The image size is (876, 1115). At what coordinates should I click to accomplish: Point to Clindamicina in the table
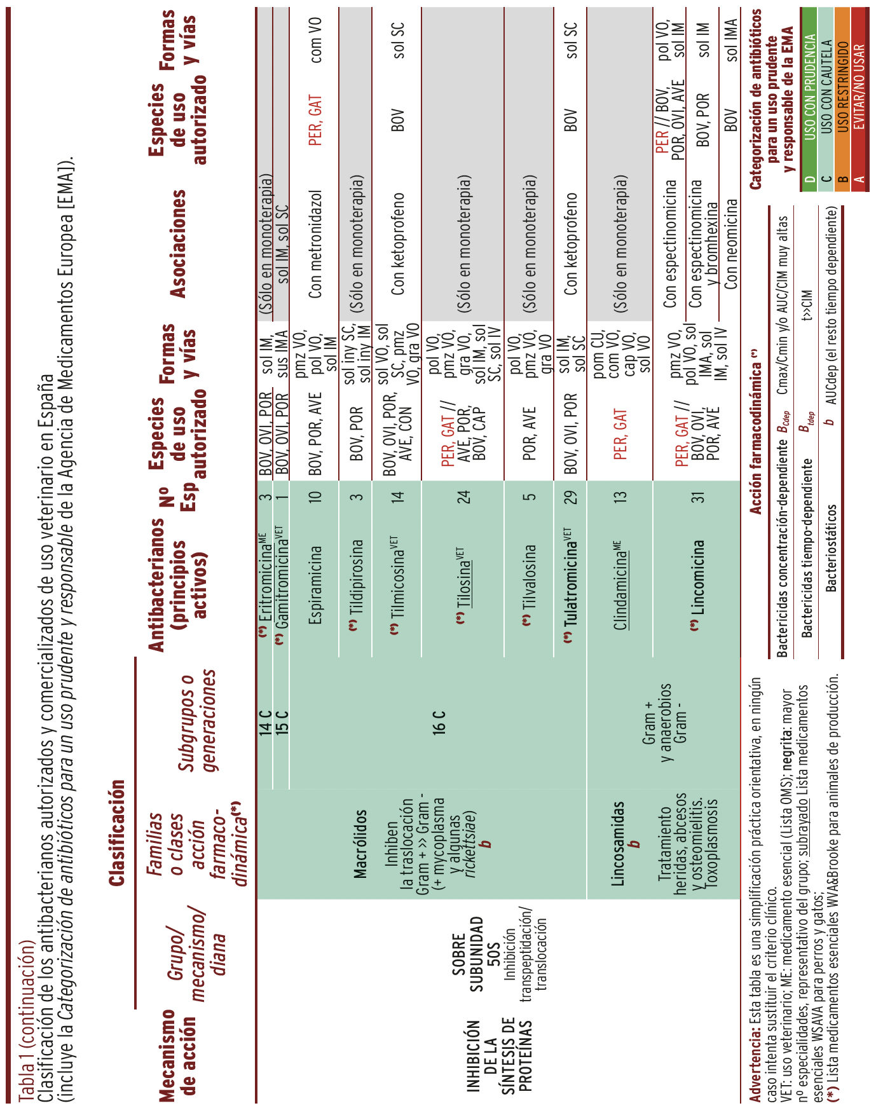click(x=620, y=585)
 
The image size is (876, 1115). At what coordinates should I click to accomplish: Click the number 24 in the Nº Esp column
click(x=465, y=496)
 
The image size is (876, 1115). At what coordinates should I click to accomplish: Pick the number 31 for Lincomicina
click(x=699, y=496)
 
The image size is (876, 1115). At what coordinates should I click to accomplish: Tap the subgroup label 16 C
click(x=439, y=723)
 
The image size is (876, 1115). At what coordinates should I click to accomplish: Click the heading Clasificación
click(x=116, y=833)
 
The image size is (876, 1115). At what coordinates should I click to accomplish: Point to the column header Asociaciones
click(x=178, y=244)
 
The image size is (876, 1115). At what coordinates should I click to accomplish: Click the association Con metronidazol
click(x=315, y=244)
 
